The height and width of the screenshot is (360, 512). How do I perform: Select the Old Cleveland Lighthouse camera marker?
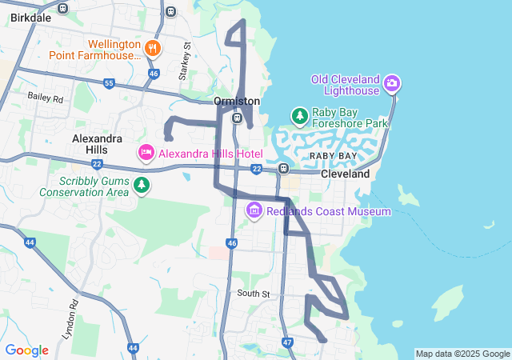(392, 83)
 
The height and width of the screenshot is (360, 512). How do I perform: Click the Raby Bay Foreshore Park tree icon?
(300, 117)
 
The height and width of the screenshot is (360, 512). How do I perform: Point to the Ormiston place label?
(237, 102)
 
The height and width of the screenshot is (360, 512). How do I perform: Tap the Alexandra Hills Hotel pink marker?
(146, 152)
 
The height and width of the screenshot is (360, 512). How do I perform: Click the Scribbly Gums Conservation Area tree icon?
(142, 186)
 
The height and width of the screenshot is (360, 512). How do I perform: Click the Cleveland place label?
(345, 174)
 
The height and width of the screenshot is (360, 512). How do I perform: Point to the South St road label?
(254, 294)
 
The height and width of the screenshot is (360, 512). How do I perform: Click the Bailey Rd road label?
(45, 98)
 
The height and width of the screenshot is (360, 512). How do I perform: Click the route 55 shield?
(109, 83)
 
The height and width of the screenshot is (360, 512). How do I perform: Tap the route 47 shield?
(287, 342)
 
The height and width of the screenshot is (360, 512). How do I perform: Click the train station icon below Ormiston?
(237, 118)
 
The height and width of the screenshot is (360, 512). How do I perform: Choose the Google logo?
(26, 350)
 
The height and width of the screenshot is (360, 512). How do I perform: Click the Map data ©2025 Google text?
(462, 354)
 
